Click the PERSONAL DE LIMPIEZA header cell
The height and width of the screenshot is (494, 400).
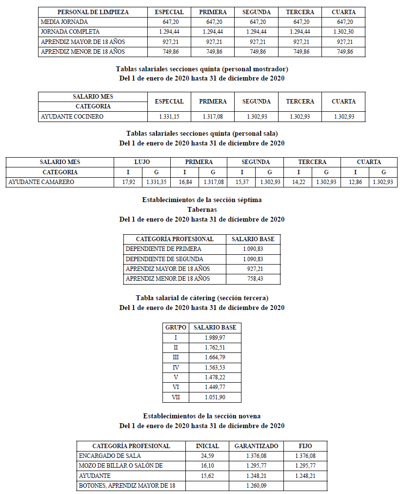click(x=93, y=12)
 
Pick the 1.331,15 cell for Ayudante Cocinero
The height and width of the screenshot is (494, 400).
click(x=169, y=117)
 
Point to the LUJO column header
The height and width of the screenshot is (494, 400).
click(x=142, y=162)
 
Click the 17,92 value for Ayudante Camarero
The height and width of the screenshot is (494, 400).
click(x=128, y=182)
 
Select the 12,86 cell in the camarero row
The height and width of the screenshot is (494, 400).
click(x=355, y=182)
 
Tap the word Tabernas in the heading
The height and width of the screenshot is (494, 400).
click(x=202, y=209)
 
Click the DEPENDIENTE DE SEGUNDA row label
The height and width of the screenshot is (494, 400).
click(x=164, y=259)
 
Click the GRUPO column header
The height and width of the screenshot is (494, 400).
click(x=176, y=328)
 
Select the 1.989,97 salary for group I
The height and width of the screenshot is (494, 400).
click(x=215, y=338)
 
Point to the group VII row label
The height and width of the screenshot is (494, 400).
click(x=176, y=397)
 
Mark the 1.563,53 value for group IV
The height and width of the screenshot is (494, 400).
click(x=215, y=368)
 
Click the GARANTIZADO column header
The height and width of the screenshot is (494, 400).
click(x=257, y=446)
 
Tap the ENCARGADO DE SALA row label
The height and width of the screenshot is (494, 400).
click(x=110, y=456)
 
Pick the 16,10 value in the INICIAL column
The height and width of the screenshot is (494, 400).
click(x=207, y=466)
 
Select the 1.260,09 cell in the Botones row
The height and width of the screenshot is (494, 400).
click(x=257, y=486)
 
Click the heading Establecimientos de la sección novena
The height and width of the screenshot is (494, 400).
click(x=202, y=416)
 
